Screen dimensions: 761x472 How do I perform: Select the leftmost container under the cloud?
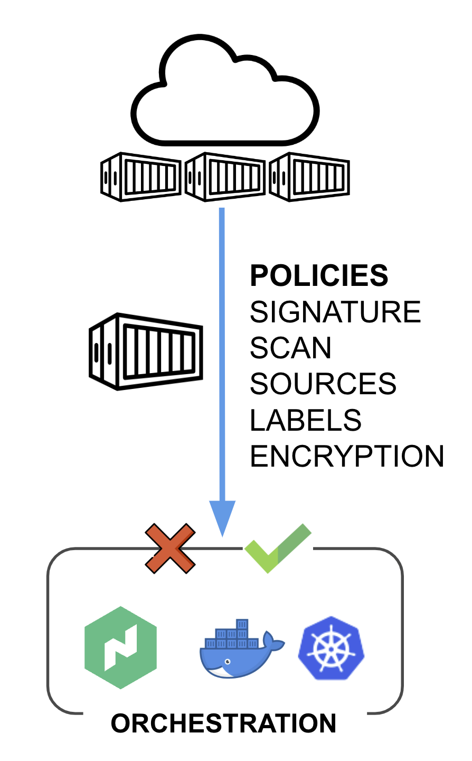click(140, 177)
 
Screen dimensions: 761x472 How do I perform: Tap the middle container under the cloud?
click(225, 177)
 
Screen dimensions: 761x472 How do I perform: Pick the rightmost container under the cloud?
click(309, 177)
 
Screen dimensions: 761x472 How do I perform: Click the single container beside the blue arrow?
click(146, 351)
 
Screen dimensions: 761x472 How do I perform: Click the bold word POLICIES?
click(319, 276)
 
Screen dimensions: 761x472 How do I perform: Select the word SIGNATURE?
click(335, 312)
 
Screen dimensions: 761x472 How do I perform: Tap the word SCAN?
click(290, 348)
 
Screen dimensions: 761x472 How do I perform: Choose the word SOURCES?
click(323, 384)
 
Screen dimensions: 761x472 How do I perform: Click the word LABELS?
click(305, 420)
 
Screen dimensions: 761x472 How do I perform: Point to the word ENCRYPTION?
click(346, 456)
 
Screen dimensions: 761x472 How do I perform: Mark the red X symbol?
click(170, 548)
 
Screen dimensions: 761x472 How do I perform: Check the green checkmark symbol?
click(278, 548)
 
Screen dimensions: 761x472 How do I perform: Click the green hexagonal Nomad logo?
click(121, 647)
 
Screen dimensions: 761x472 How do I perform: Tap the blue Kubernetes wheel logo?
click(332, 648)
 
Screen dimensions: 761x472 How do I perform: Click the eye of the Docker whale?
click(228, 662)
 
